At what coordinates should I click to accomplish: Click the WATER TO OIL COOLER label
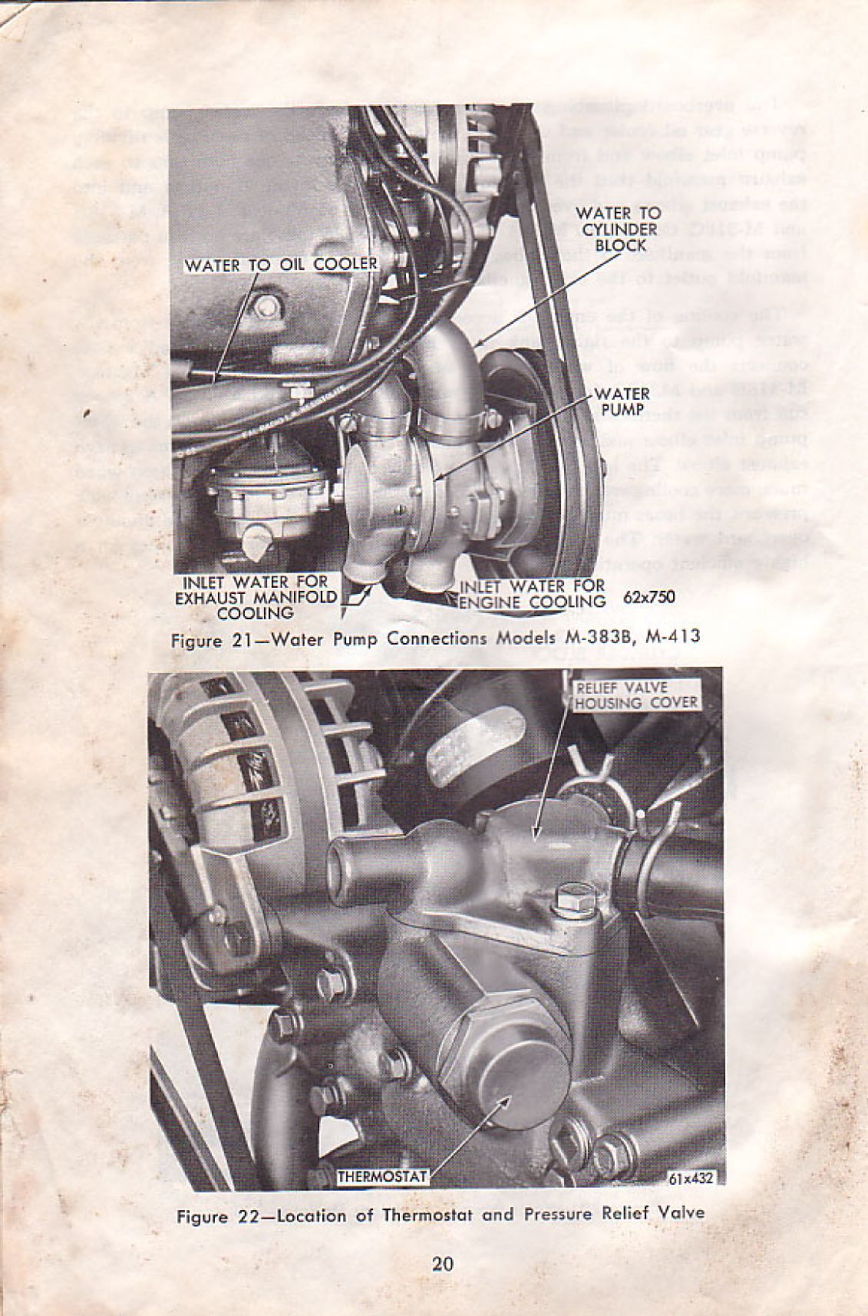point(281,265)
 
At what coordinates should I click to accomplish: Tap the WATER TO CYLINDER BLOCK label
point(617,229)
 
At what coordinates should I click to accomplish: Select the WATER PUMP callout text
point(622,401)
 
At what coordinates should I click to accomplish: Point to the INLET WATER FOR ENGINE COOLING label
point(533,594)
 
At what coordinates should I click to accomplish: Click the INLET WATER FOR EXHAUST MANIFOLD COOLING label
point(256,598)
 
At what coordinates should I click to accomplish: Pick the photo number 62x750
point(650,596)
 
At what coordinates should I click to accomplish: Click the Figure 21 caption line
point(434,638)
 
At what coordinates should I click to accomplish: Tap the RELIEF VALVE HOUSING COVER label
point(636,695)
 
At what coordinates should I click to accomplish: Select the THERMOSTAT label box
point(382,1175)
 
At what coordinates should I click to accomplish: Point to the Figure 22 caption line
point(440,1215)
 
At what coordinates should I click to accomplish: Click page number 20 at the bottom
point(442,1264)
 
